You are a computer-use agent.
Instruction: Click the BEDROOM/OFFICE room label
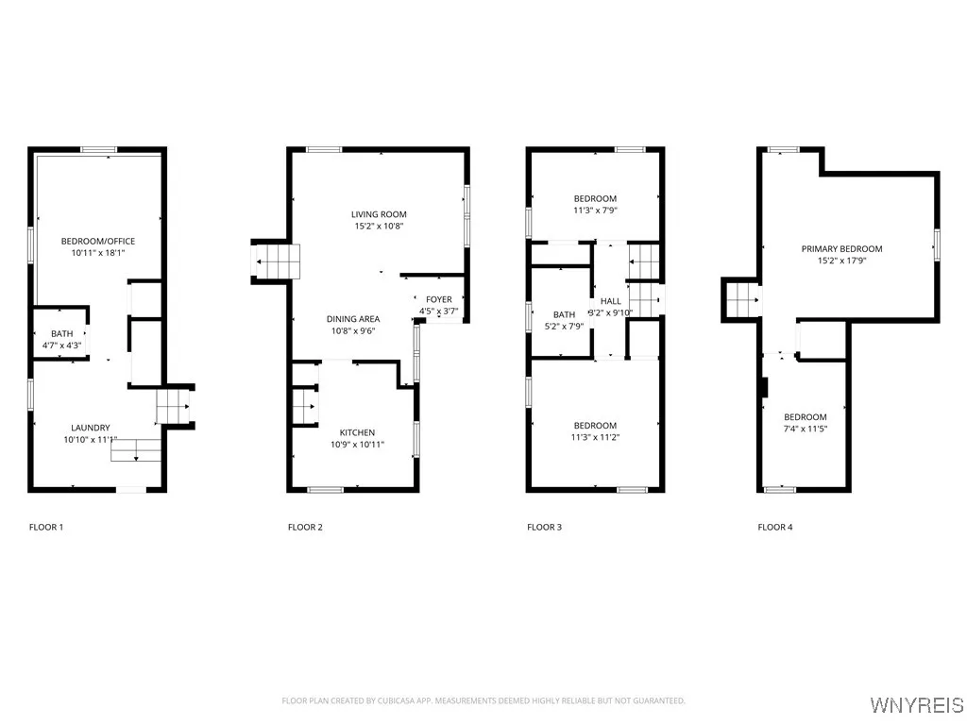(x=98, y=241)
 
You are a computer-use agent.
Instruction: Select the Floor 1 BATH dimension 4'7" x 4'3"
(x=62, y=345)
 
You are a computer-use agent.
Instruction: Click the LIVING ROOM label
(x=379, y=214)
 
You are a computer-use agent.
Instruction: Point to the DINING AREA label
(x=352, y=319)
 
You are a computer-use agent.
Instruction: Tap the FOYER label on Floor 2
(x=439, y=299)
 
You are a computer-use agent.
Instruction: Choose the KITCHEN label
(x=357, y=432)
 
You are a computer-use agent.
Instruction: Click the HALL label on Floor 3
(x=610, y=300)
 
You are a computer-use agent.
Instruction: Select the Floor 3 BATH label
(x=564, y=314)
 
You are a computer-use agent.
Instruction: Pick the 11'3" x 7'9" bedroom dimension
(x=595, y=211)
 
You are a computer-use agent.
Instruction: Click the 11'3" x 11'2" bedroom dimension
(x=595, y=437)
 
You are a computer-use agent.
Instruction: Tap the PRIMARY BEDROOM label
(x=841, y=249)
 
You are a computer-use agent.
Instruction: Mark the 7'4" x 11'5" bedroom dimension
(x=805, y=429)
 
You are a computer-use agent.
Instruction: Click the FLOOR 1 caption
(x=46, y=527)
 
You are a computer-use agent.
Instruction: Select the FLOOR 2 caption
(x=305, y=527)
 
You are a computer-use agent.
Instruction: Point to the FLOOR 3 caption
(x=544, y=527)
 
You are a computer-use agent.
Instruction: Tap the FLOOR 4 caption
(x=774, y=527)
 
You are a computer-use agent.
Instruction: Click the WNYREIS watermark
(x=915, y=705)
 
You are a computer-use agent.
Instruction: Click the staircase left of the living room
(x=276, y=261)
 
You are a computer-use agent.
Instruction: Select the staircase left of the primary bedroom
(x=743, y=300)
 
